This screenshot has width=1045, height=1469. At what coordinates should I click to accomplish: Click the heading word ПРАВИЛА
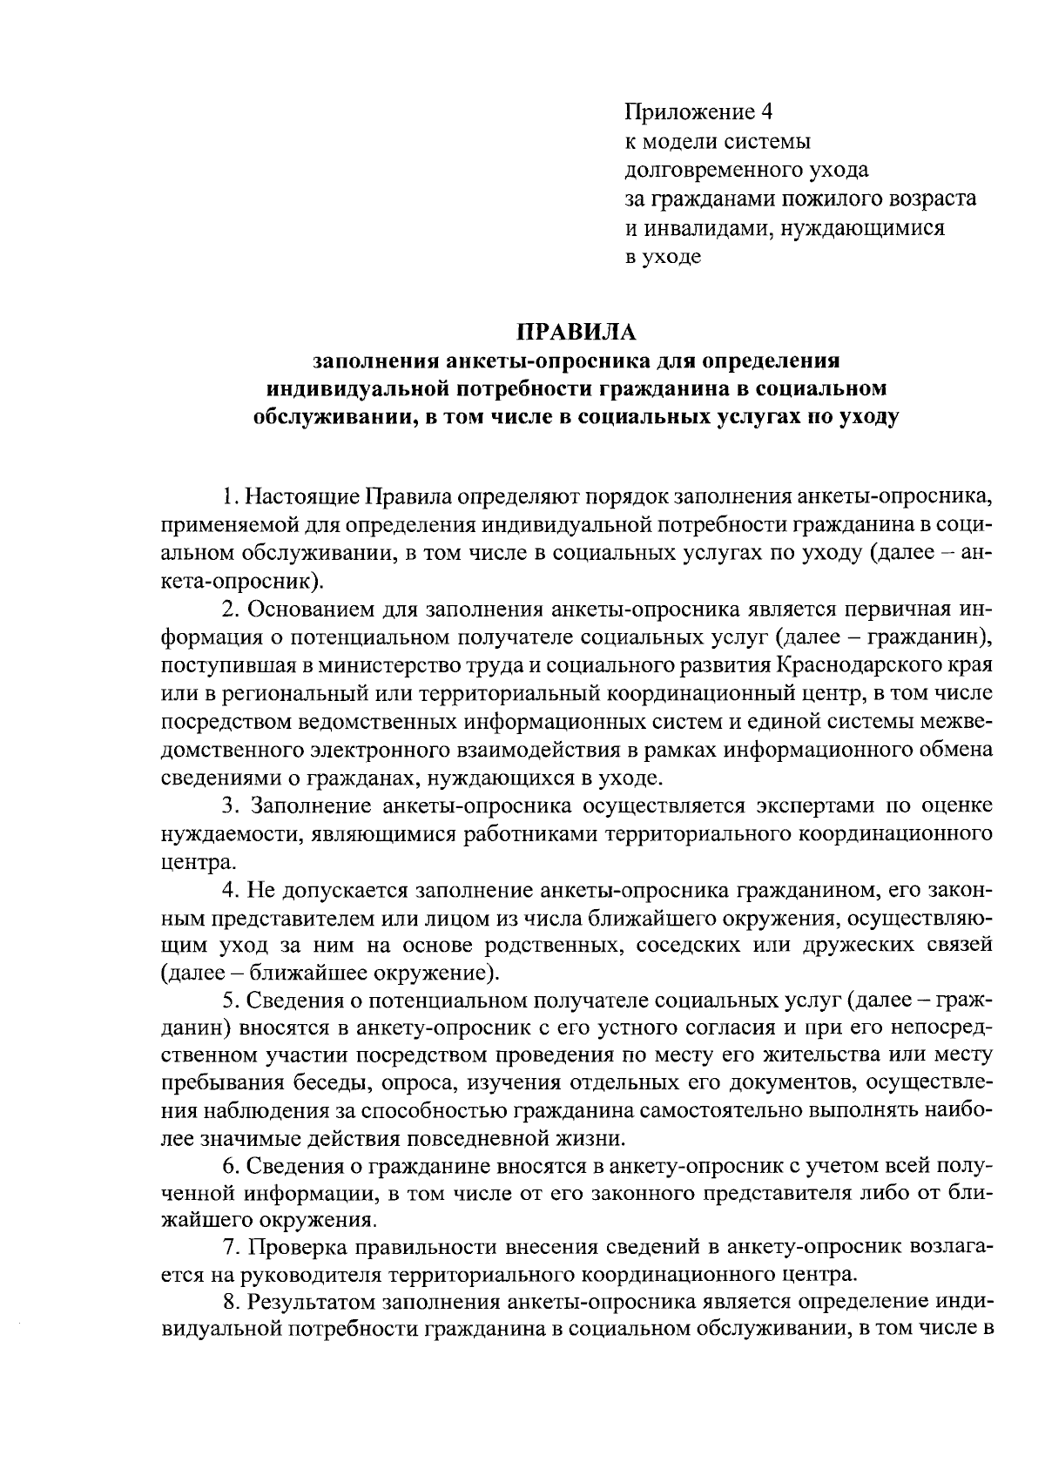pos(578,333)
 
